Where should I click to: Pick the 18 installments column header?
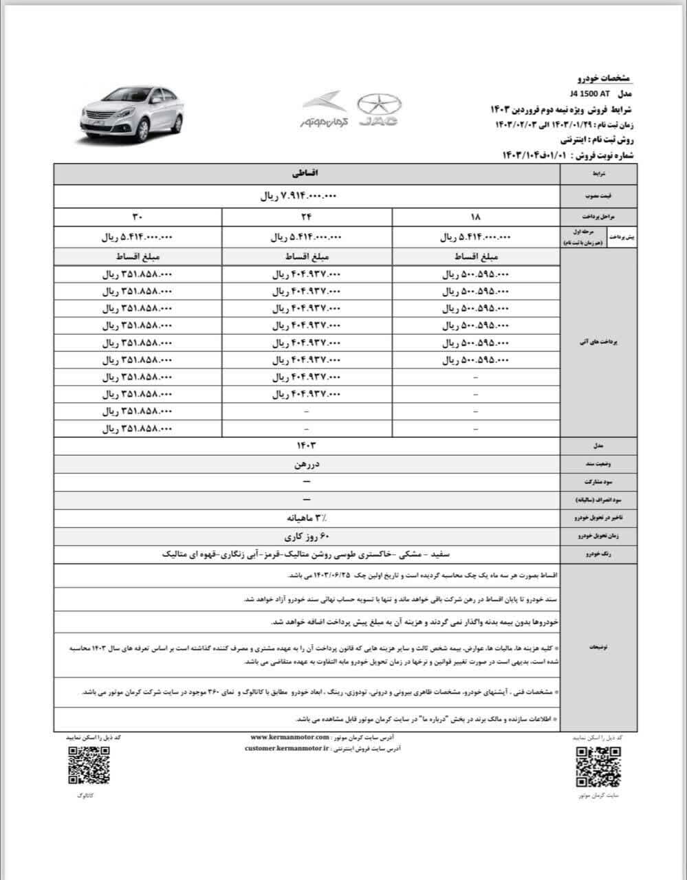[x=476, y=217]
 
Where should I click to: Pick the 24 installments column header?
[x=306, y=217]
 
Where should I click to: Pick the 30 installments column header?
[x=137, y=217]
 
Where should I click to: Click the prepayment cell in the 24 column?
[x=306, y=237]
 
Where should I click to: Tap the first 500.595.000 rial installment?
[x=476, y=274]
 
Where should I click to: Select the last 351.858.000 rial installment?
[x=137, y=428]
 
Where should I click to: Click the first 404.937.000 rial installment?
[x=306, y=274]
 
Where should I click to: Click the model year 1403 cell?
[x=306, y=446]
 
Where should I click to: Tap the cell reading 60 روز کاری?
[x=306, y=534]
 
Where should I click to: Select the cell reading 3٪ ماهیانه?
[x=306, y=516]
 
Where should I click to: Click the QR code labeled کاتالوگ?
[x=88, y=765]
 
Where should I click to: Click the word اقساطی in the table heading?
[x=306, y=175]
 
